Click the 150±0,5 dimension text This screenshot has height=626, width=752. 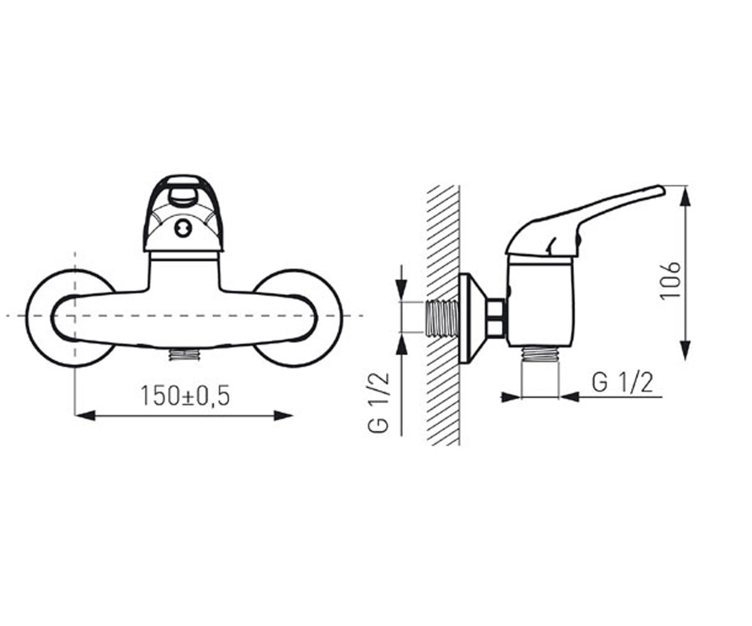(185, 396)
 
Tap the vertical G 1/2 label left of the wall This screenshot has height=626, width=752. (378, 403)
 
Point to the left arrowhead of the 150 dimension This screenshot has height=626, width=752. (85, 416)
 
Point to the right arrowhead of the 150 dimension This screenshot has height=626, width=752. (283, 416)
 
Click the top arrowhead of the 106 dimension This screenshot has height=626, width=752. (686, 196)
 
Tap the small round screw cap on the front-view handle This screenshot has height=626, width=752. (183, 229)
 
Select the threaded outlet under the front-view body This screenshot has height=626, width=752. (184, 354)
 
